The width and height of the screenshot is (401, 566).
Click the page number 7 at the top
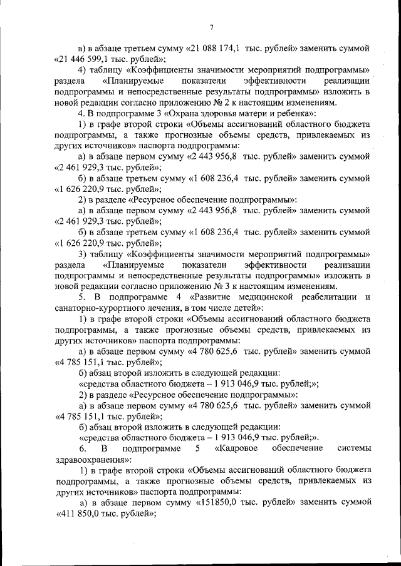point(212,26)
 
